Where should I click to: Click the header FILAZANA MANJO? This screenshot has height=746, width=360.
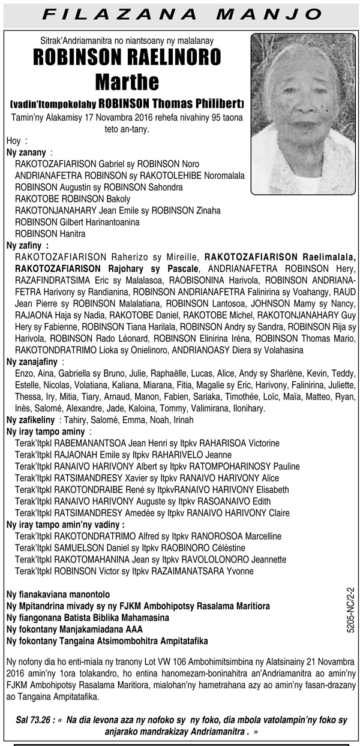point(180,14)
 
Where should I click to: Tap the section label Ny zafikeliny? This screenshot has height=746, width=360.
point(31,420)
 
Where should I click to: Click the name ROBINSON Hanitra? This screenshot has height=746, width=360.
point(42,233)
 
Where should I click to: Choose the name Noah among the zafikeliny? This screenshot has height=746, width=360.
point(140,420)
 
